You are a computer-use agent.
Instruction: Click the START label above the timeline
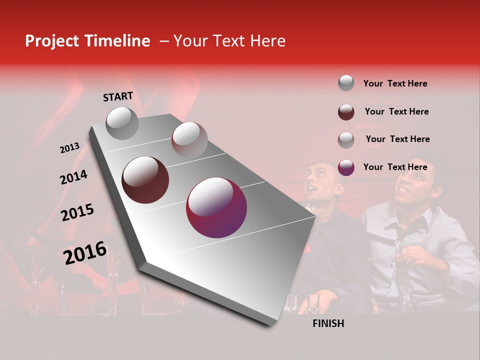[118, 96]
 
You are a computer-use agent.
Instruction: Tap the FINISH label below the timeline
[328, 323]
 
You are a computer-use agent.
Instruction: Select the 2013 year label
[69, 148]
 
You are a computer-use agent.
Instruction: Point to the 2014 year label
[73, 177]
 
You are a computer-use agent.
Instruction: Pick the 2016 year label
[85, 253]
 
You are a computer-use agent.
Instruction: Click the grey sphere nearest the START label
[122, 123]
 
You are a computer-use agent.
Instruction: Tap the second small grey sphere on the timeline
[189, 139]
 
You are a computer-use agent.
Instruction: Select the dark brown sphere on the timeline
[145, 179]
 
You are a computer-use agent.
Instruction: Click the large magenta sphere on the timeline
[216, 207]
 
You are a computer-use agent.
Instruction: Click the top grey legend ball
[346, 83]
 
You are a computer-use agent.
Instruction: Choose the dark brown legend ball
[346, 111]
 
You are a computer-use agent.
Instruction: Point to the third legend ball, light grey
[346, 139]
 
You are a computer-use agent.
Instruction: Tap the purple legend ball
[346, 167]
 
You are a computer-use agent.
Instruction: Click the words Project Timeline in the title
[87, 41]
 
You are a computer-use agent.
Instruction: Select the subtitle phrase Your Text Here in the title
[229, 41]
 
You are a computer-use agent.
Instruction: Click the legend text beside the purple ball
[395, 167]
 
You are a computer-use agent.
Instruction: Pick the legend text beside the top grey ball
[395, 83]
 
